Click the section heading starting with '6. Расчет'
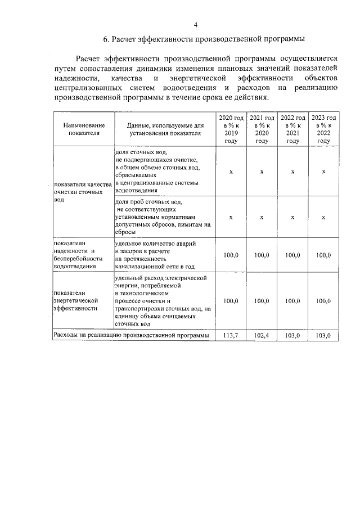click(x=204, y=39)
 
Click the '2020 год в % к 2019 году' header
click(x=231, y=129)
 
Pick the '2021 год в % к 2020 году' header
click(x=262, y=129)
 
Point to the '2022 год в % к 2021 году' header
click(x=292, y=129)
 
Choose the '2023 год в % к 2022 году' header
click(x=323, y=129)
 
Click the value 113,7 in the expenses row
click(x=231, y=335)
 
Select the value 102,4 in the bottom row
click(x=262, y=335)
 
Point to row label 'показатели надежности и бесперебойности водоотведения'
click(x=78, y=255)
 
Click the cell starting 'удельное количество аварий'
click(x=156, y=255)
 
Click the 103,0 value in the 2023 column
click(x=323, y=335)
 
